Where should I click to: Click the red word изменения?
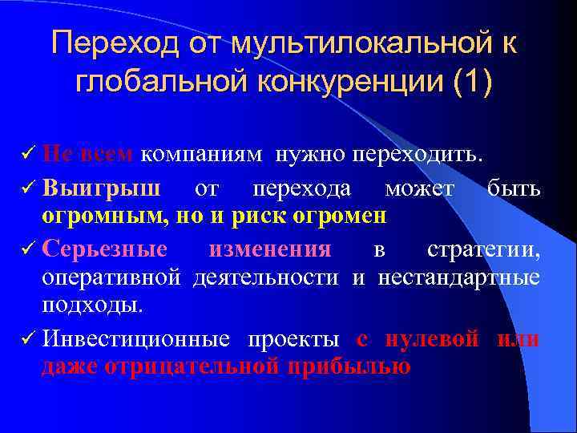269,249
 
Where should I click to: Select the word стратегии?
483,249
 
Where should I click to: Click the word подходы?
94,306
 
